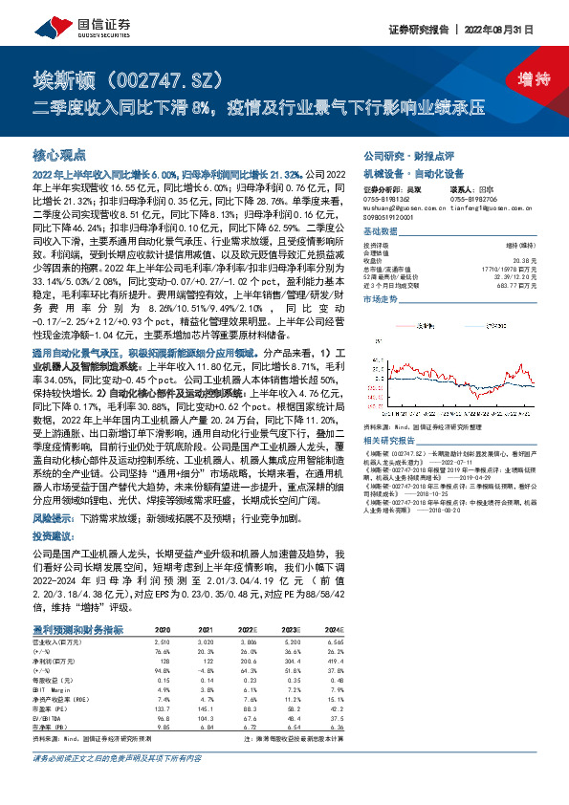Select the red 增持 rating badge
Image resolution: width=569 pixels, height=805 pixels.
[x=524, y=80]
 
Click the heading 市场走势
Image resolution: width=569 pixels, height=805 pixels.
[x=381, y=299]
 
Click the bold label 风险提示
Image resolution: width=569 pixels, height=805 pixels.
[x=53, y=516]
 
